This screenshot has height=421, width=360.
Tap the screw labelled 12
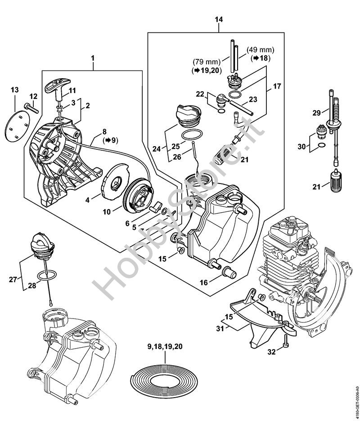[31, 108]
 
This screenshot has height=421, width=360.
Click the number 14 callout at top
[219, 19]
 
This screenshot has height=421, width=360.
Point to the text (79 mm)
[207, 62]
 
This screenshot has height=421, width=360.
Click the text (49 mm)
[261, 49]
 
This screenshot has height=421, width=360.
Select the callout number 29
[317, 113]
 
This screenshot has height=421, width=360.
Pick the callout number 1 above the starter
[92, 58]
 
